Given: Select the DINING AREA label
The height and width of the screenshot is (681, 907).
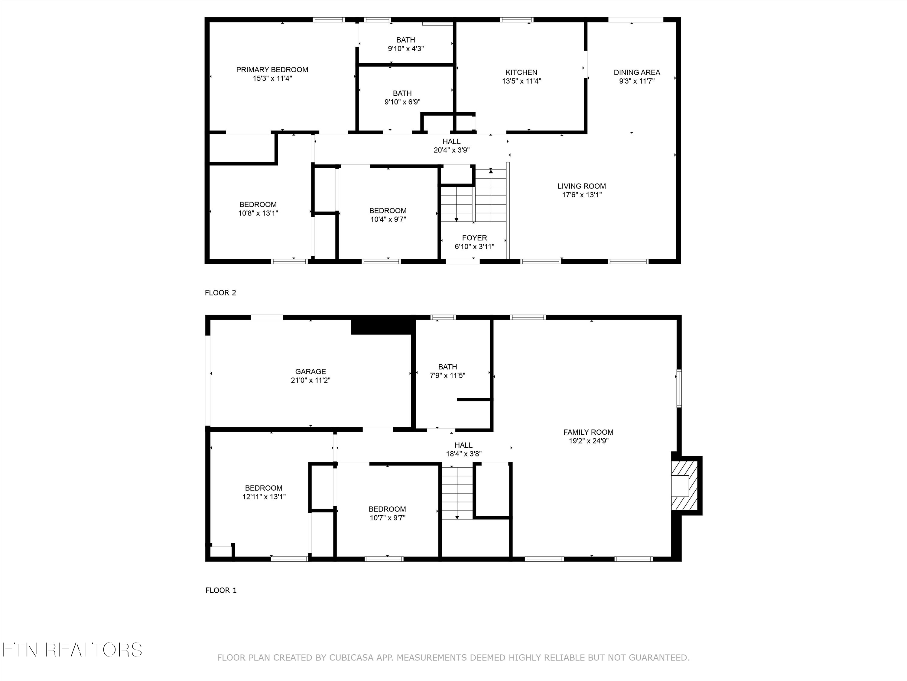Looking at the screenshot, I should [x=636, y=72].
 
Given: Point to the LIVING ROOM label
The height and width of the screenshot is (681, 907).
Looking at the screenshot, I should [x=581, y=186].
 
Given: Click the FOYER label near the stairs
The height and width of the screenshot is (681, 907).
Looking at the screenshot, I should [x=474, y=238].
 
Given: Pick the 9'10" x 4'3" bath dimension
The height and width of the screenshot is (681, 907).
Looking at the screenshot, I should [x=405, y=48].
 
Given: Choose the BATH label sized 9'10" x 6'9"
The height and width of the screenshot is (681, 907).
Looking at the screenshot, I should [x=402, y=93].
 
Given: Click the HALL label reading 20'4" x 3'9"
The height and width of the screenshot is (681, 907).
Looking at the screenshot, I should [x=451, y=141].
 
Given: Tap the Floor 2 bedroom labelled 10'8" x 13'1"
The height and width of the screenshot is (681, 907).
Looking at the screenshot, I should [x=258, y=204].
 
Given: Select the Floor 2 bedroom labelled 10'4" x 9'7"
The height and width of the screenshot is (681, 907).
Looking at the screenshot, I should [x=388, y=211].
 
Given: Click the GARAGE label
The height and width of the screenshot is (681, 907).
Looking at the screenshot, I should [x=310, y=371].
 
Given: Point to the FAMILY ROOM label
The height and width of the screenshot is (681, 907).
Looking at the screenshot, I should [x=588, y=432].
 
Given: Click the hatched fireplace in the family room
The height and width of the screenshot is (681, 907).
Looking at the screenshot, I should [x=684, y=485].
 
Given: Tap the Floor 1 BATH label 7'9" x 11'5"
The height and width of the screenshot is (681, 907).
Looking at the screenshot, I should [x=447, y=367].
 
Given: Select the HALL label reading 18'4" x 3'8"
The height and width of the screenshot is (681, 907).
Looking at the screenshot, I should [x=463, y=445].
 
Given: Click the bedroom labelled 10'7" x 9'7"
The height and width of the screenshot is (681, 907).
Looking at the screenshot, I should [x=387, y=509].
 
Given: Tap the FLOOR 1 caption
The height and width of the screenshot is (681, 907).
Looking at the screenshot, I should [x=221, y=590].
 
